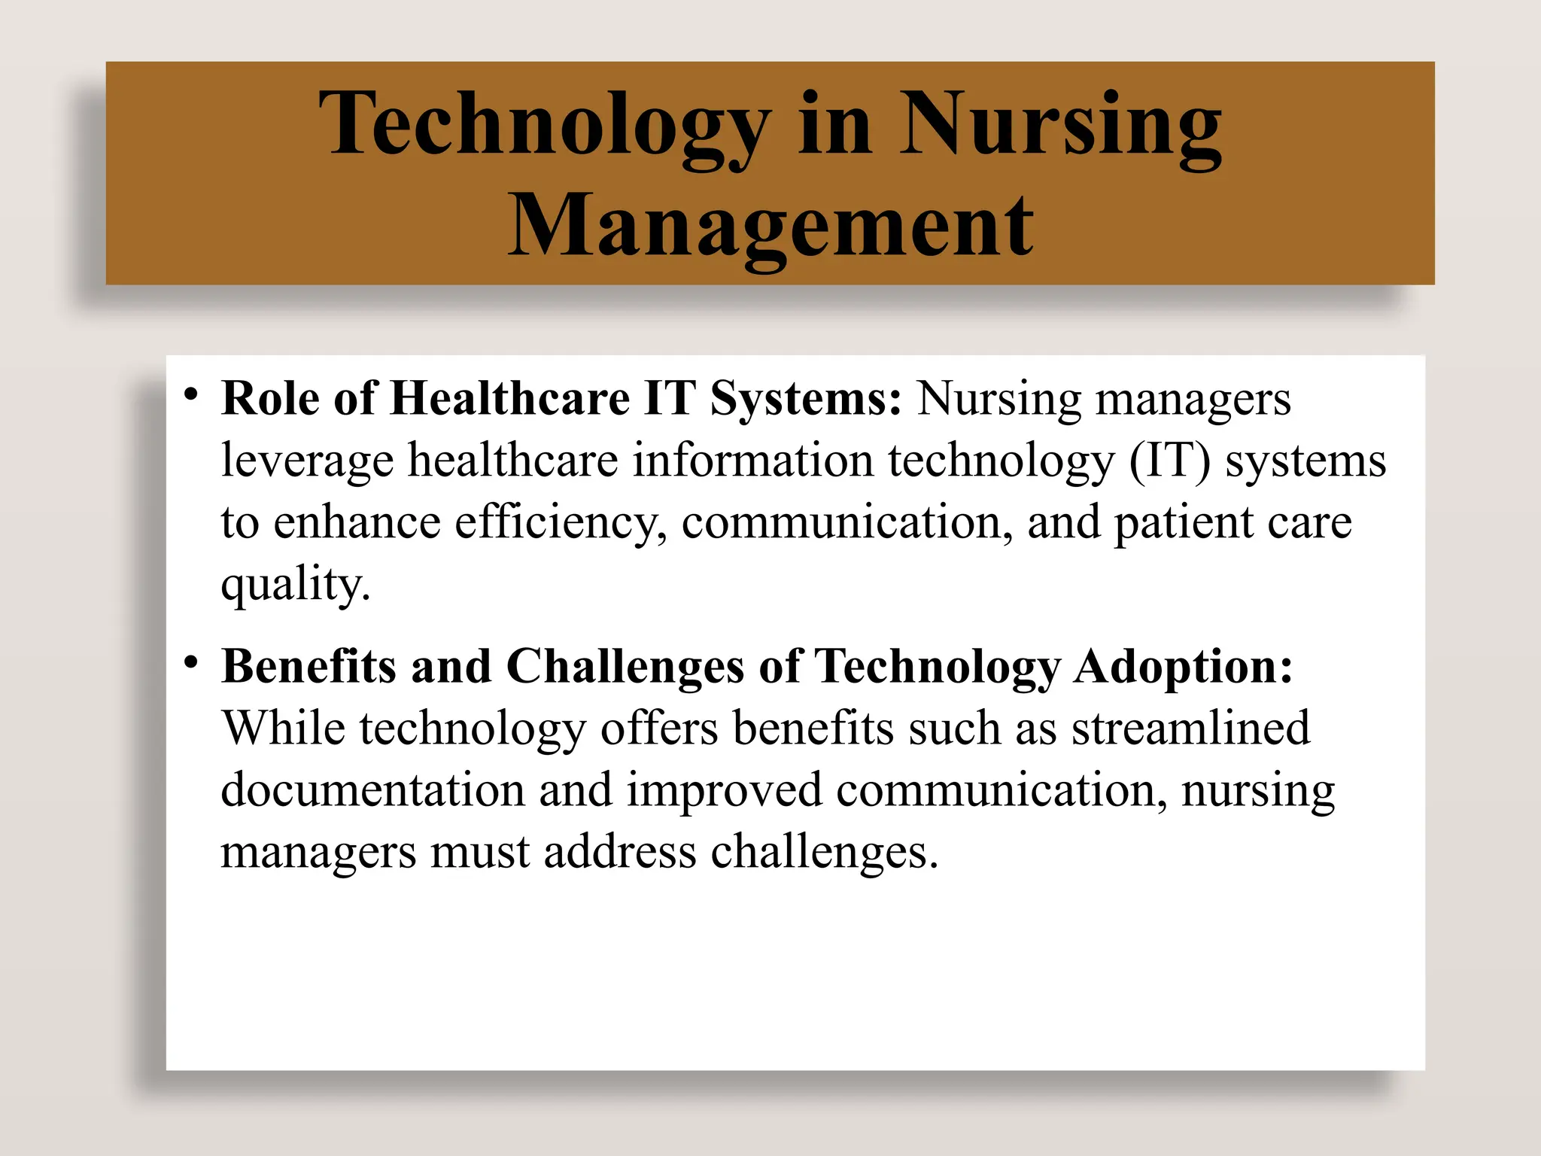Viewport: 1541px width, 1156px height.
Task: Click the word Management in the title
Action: (770, 226)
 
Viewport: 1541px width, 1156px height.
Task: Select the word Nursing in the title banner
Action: (1061, 124)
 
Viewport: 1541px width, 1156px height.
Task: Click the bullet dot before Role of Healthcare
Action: (191, 394)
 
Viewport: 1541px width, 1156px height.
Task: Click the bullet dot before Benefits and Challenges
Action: (191, 663)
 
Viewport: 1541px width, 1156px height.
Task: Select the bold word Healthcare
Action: (509, 398)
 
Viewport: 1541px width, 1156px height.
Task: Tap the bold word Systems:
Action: (805, 400)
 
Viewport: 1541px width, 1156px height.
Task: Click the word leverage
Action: (307, 461)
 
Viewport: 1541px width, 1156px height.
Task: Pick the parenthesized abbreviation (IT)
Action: (1170, 461)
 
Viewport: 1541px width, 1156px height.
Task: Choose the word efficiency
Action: (561, 523)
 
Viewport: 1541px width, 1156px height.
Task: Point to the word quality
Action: (295, 585)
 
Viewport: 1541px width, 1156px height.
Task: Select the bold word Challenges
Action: (625, 667)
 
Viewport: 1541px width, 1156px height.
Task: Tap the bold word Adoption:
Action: (1183, 667)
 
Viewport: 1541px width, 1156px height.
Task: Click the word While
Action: (284, 728)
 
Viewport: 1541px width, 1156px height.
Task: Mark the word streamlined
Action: (1190, 728)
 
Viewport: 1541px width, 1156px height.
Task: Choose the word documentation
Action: (372, 789)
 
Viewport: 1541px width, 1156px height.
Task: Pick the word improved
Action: (725, 791)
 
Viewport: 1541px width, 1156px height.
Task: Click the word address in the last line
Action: (620, 851)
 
